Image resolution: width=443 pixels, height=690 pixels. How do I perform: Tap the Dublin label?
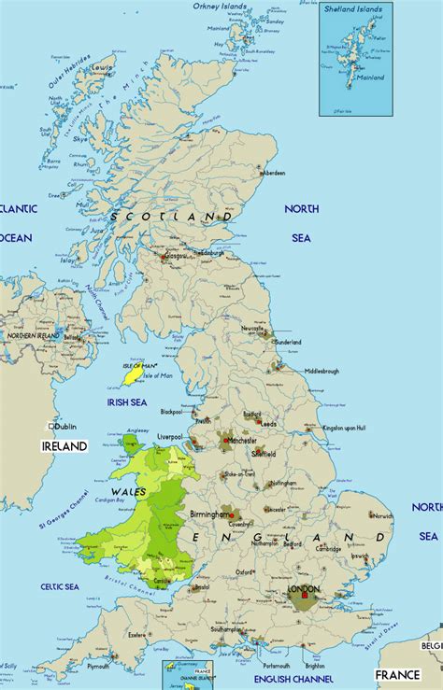pos(65,426)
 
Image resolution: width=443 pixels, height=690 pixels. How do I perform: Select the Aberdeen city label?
pos(274,173)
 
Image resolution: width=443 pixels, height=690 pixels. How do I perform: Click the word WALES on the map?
pos(128,490)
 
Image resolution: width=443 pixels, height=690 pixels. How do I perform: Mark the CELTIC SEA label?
pos(58,586)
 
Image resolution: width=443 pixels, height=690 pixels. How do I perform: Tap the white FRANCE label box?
pos(396,674)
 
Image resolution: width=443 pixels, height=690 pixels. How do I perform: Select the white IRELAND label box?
pos(64,446)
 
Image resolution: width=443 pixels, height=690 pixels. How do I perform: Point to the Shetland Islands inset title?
pos(354,8)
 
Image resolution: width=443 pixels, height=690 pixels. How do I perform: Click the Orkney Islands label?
pos(221,6)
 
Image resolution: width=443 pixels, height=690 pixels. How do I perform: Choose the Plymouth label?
pos(97,667)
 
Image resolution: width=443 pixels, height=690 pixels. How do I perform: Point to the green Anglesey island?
pos(127,443)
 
